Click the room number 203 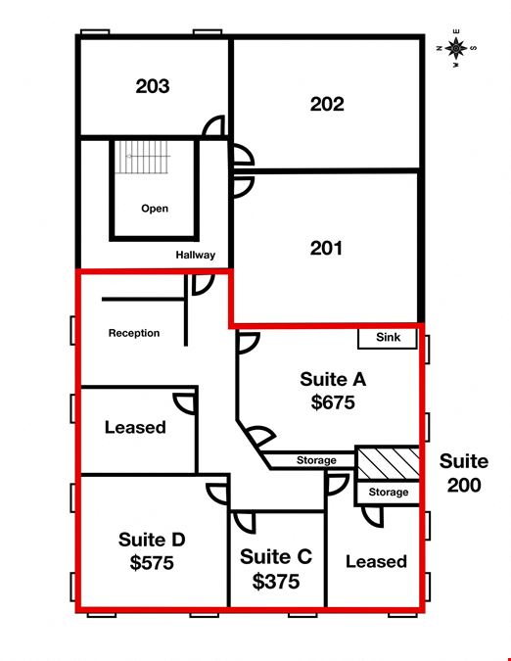click(153, 86)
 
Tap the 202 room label click(327, 104)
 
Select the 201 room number click(326, 248)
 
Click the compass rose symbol click(456, 49)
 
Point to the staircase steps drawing click(142, 157)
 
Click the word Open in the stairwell click(155, 209)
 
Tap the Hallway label click(196, 255)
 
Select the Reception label click(134, 333)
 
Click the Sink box click(388, 338)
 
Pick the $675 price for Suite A click(333, 402)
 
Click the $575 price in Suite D click(152, 563)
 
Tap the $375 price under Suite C click(276, 582)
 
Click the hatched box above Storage click(388, 463)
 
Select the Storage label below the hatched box click(389, 492)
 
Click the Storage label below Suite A click(316, 460)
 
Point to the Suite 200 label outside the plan click(464, 473)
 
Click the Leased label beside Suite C click(376, 561)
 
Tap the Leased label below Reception click(135, 428)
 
